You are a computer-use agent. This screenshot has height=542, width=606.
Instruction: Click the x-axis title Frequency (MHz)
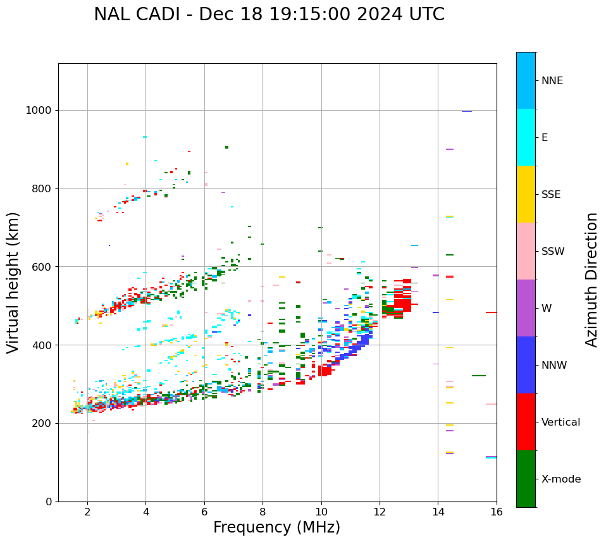pos(276,527)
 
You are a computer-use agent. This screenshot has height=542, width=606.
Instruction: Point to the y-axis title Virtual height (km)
pos(13,282)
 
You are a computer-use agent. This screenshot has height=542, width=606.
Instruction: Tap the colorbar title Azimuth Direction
pos(591,280)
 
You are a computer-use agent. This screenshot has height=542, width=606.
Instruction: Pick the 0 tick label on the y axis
pos(49,502)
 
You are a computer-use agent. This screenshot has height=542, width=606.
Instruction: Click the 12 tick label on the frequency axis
pos(380,512)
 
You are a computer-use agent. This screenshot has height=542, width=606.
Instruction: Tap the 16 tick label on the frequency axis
pos(497,512)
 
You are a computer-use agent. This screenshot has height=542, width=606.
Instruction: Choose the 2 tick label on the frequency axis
pos(87,512)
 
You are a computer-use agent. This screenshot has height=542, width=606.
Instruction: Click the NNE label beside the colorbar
pos(552,81)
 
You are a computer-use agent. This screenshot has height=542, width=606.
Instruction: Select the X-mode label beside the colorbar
pos(561,479)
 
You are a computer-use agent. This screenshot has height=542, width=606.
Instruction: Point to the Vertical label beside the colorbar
pos(560,422)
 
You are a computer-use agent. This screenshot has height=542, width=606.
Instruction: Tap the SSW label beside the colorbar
pos(553,252)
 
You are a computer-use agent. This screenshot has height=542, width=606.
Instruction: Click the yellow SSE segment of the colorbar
pos(526,194)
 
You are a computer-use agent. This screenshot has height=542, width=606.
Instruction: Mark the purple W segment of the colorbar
pos(526,308)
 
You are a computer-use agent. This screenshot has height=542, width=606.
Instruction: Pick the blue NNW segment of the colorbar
pos(526,365)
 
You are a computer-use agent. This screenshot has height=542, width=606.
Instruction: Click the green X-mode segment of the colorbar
pos(526,479)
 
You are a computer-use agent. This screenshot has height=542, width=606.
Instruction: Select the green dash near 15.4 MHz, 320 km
pos(479,376)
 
